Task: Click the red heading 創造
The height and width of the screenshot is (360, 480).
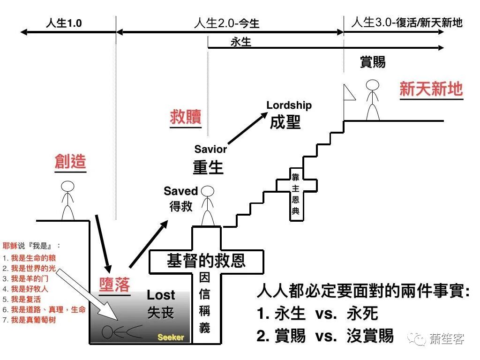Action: tap(70, 162)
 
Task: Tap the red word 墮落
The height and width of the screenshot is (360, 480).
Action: tap(114, 284)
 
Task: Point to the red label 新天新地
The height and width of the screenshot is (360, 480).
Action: tap(431, 89)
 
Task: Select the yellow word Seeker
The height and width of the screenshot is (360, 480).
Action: tap(171, 337)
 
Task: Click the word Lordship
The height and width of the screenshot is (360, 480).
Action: tap(289, 105)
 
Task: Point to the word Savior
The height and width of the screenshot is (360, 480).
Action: tap(210, 150)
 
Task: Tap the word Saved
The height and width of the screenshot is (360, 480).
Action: tap(181, 191)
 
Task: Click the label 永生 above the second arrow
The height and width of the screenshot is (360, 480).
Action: tap(241, 42)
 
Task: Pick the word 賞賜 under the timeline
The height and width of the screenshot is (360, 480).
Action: tap(373, 62)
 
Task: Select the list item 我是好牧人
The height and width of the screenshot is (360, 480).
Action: tap(30, 289)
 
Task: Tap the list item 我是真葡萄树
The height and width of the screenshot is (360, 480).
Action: tap(33, 320)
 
